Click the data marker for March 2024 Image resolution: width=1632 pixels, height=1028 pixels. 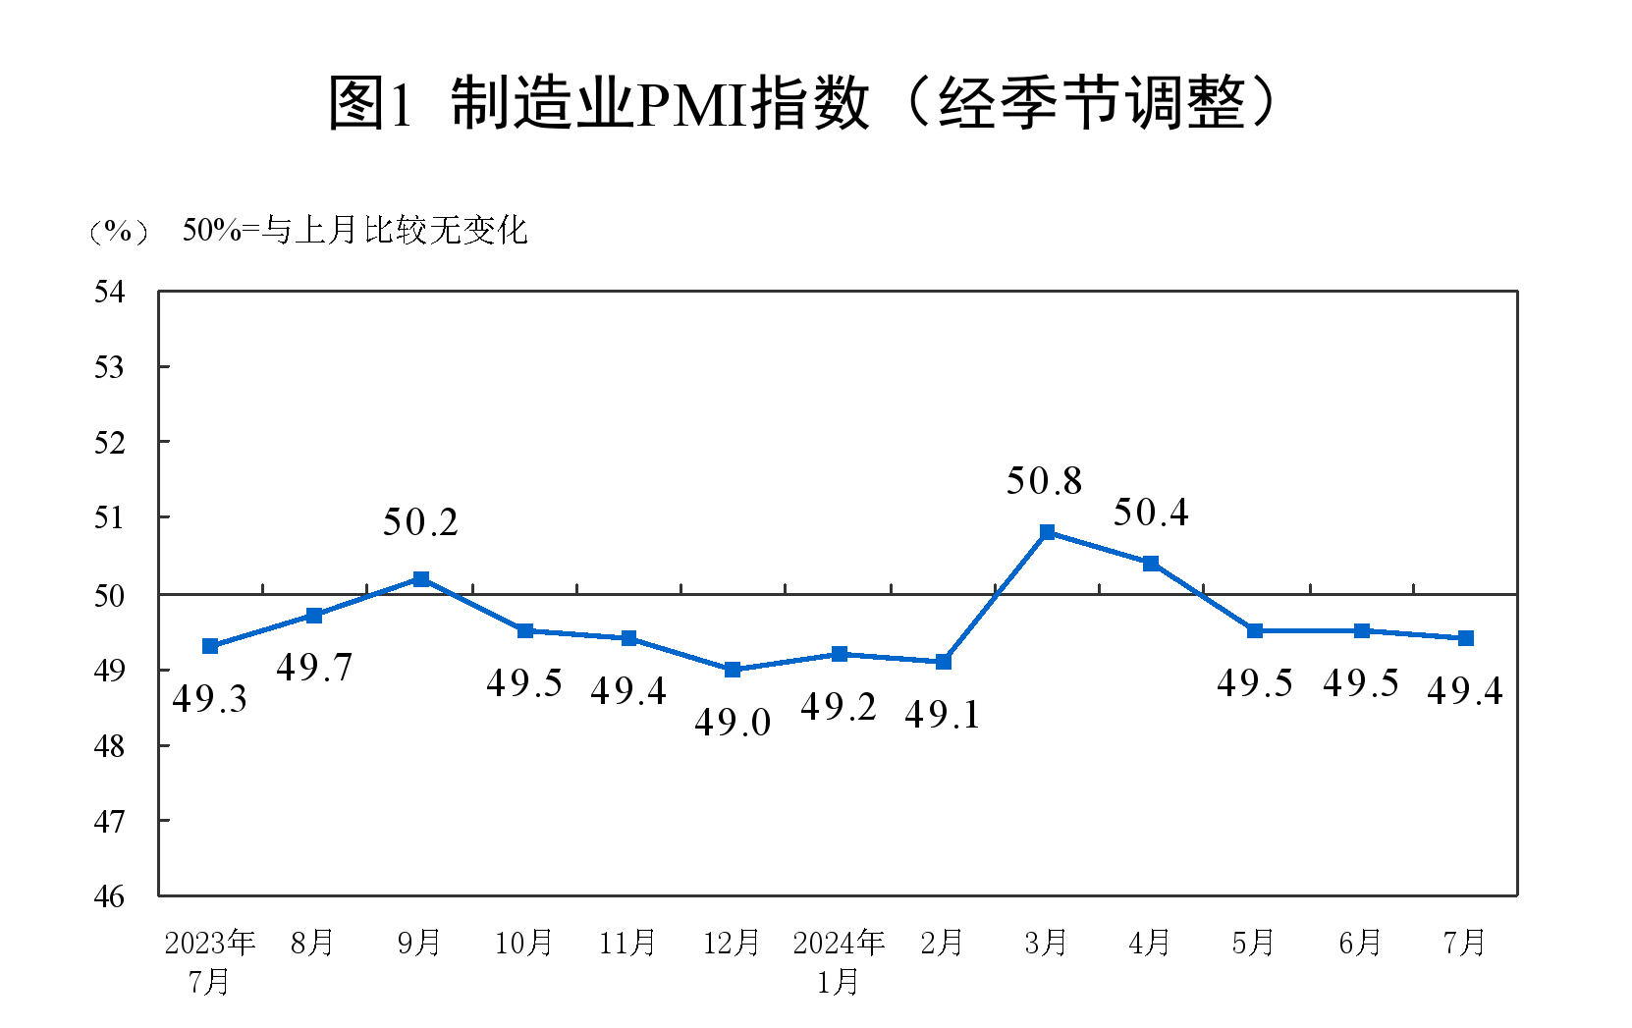pyautogui.click(x=1047, y=532)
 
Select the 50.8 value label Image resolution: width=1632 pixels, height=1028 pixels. pyautogui.click(x=1044, y=481)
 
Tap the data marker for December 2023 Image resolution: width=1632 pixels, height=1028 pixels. pyautogui.click(x=733, y=670)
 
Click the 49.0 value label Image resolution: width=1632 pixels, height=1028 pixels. pyautogui.click(x=733, y=723)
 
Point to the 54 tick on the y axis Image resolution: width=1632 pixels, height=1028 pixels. pyautogui.click(x=109, y=292)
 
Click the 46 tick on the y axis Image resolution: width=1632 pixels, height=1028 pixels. pyautogui.click(x=109, y=895)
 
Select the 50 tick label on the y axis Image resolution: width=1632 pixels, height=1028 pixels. pyautogui.click(x=109, y=595)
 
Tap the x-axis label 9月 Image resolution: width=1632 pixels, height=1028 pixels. pyautogui.click(x=419, y=943)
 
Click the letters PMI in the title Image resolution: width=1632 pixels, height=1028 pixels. pyautogui.click(x=693, y=103)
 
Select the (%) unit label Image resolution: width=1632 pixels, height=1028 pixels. pyautogui.click(x=119, y=232)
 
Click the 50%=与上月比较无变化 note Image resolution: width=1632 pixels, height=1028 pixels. pyautogui.click(x=354, y=231)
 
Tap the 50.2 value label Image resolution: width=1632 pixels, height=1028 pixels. pyautogui.click(x=420, y=522)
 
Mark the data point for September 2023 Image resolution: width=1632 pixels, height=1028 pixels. pyautogui.click(x=421, y=579)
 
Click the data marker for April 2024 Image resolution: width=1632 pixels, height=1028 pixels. pyautogui.click(x=1151, y=564)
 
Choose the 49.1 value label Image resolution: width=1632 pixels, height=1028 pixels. pyautogui.click(x=943, y=715)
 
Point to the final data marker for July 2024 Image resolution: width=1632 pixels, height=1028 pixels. pyautogui.click(x=1466, y=638)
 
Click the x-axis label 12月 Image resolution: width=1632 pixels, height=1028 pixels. pyautogui.click(x=732, y=943)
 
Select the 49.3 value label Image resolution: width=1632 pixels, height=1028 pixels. pyautogui.click(x=209, y=699)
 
